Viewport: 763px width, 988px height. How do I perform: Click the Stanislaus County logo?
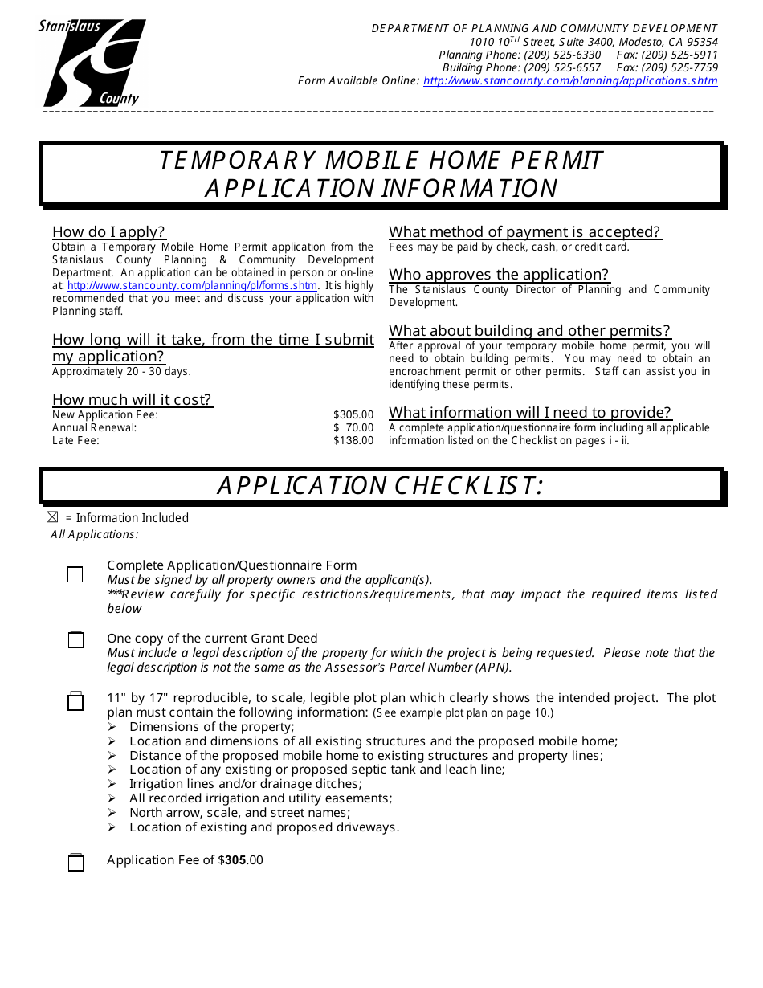coord(92,63)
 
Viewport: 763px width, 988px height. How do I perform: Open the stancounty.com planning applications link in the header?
coord(570,81)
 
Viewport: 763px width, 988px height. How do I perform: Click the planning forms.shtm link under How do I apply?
coord(193,286)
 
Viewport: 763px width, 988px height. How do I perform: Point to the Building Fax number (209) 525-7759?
coord(679,68)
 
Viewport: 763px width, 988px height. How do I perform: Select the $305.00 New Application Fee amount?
coord(353,415)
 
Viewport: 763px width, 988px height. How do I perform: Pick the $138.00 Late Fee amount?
coord(353,441)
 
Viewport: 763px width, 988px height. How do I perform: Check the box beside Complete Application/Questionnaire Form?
coord(75,574)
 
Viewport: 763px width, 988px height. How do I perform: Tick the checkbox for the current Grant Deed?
coord(75,640)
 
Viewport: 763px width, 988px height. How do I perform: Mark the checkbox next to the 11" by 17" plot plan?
coord(75,702)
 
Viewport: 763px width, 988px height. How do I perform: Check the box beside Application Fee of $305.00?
coord(75,863)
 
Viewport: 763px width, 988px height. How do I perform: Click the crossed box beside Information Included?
coord(53,518)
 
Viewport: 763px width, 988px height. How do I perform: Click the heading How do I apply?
coord(108,233)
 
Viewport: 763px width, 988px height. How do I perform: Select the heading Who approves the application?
coord(499,275)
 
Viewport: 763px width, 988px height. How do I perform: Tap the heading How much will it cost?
coord(133,400)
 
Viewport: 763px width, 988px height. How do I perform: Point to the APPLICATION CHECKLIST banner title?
coord(381,486)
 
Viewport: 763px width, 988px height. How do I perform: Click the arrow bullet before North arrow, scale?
coord(112,813)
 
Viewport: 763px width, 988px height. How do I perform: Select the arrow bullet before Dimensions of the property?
coord(112,727)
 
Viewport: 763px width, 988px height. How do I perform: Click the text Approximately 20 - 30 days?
coord(121,372)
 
